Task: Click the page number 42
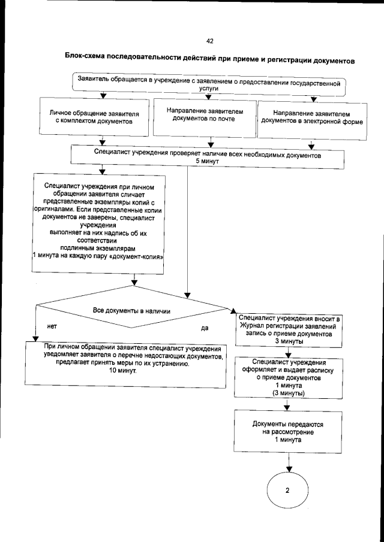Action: (209, 41)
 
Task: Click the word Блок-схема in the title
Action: (85, 57)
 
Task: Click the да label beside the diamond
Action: (204, 328)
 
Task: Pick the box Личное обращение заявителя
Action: (95, 117)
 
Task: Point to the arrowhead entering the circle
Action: (287, 467)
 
